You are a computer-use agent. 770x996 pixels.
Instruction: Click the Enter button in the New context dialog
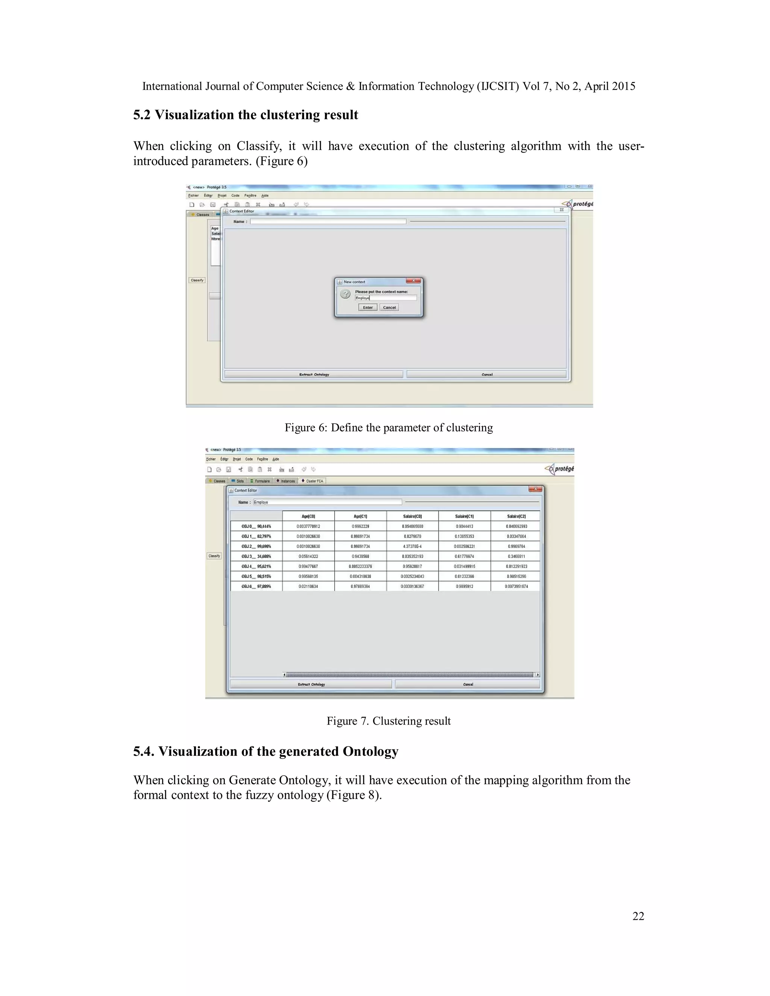[368, 307]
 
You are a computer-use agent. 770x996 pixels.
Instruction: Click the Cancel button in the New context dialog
[389, 307]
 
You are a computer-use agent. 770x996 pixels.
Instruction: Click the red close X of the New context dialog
[413, 281]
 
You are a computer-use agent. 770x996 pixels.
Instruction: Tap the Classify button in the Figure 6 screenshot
[197, 280]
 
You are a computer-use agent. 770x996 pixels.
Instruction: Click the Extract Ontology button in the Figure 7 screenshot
[311, 684]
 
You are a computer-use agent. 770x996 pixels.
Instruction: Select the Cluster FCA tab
[312, 481]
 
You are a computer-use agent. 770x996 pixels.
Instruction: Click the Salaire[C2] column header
[516, 516]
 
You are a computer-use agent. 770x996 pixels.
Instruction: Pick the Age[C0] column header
[308, 516]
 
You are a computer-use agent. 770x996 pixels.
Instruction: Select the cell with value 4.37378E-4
[412, 546]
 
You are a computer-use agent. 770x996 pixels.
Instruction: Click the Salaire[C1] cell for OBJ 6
[464, 586]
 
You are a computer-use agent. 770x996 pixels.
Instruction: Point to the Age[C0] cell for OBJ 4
[308, 566]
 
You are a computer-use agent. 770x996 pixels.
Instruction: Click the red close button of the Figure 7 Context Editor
[535, 489]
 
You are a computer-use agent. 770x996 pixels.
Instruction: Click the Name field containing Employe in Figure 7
[327, 502]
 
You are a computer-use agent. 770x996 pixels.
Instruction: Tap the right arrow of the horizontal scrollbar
[537, 675]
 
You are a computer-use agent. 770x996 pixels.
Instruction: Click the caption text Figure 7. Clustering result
[388, 721]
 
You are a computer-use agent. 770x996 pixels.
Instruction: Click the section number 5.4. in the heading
[144, 752]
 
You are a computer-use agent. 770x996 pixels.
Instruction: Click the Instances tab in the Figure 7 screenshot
[286, 481]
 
